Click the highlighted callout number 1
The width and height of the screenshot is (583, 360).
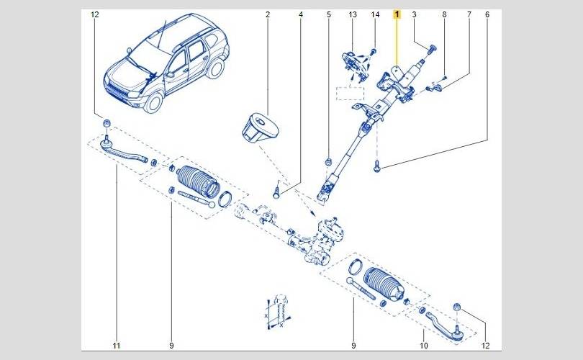click(397, 14)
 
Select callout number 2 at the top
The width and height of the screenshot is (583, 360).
click(267, 14)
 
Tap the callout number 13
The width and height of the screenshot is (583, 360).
click(353, 14)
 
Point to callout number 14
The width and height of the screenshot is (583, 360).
click(375, 14)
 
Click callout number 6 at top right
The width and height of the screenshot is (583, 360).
click(487, 14)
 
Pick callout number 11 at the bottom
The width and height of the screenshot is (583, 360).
click(117, 346)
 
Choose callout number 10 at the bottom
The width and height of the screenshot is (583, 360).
click(423, 346)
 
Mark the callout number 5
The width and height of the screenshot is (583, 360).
click(329, 14)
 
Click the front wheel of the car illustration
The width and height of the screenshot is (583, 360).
click(153, 102)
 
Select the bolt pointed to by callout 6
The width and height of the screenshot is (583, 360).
click(377, 166)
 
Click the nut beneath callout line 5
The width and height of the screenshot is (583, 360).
click(328, 162)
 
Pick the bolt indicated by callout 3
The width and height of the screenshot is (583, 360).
click(432, 49)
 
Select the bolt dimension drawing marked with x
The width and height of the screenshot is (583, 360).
click(278, 312)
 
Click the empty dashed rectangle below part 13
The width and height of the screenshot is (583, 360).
click(350, 94)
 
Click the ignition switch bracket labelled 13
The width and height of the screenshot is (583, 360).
click(355, 65)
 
